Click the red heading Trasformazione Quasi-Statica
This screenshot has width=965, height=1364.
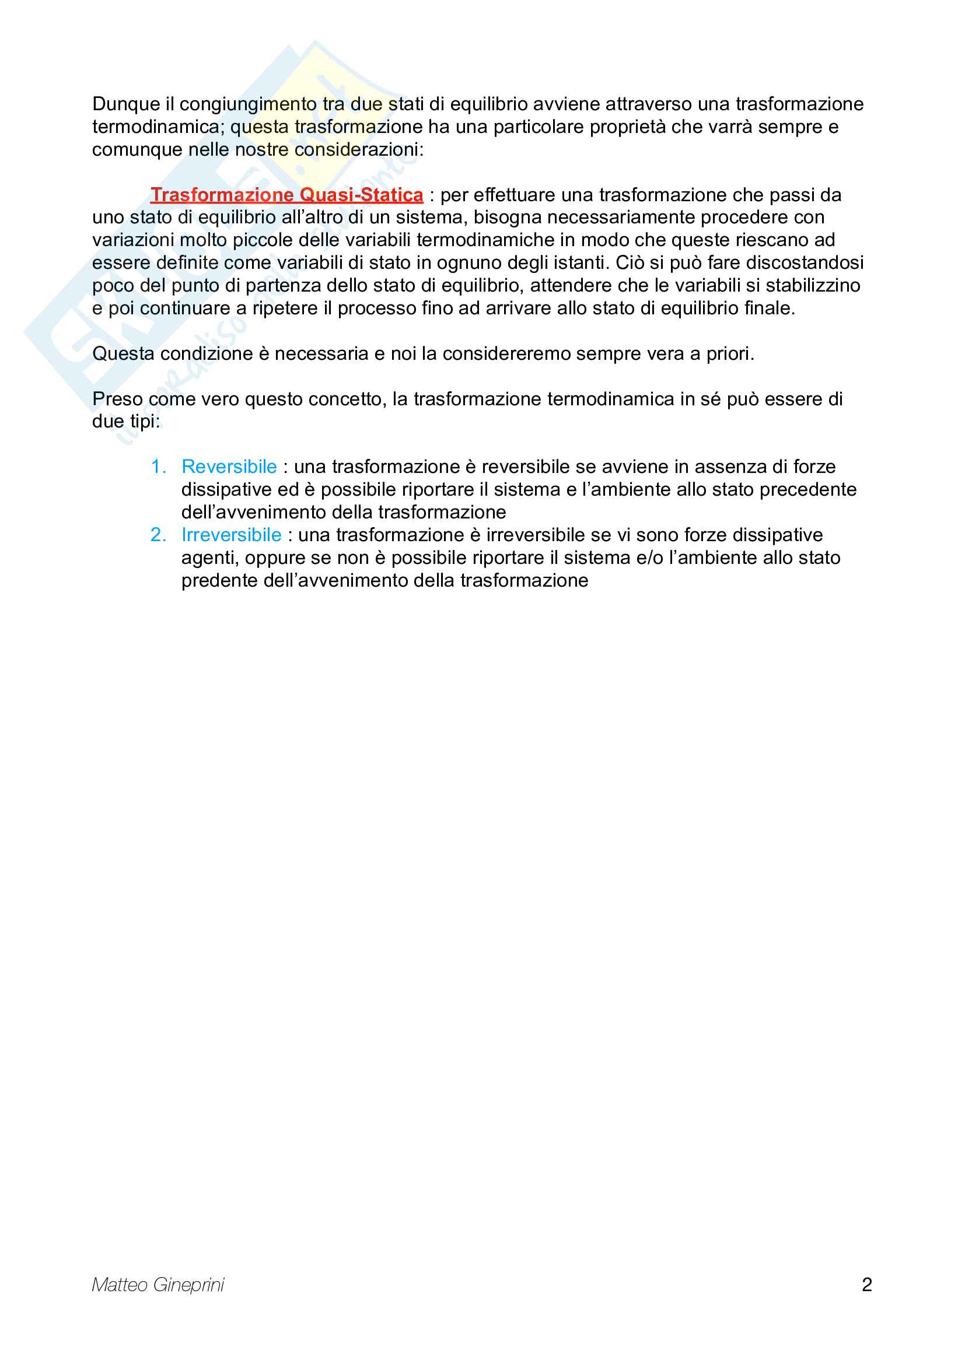[x=286, y=195]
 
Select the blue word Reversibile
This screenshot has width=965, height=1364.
[x=229, y=467]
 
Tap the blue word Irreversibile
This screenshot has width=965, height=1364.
[x=231, y=535]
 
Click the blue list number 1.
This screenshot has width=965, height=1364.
[x=158, y=467]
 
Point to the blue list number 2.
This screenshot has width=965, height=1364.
[x=158, y=535]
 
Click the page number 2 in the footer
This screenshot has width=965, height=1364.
[x=866, y=1285]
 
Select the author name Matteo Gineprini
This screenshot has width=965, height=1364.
[x=158, y=1285]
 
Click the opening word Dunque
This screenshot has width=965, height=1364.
[x=126, y=104]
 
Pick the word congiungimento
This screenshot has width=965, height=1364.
[x=249, y=104]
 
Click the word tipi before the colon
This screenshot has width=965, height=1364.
[x=142, y=422]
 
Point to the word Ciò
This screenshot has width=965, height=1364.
[x=630, y=262]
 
